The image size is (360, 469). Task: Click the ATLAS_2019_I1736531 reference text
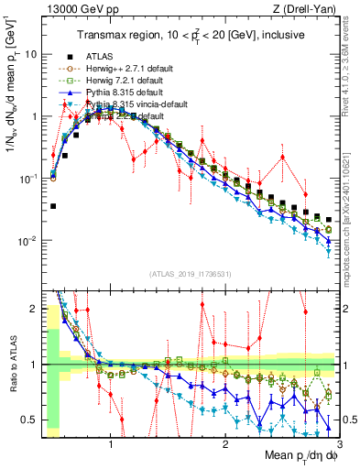191,275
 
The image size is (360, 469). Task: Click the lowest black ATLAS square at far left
53,206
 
